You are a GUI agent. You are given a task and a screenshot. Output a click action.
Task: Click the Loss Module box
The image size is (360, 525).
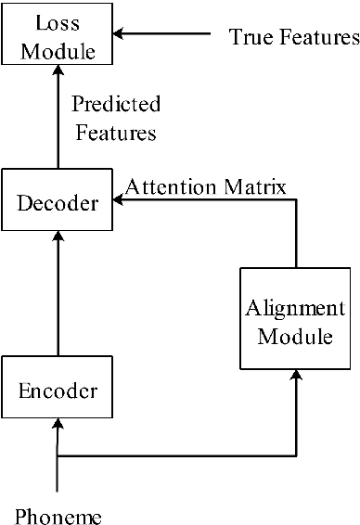tap(58, 37)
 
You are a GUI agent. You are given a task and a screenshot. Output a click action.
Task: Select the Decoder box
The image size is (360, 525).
tap(58, 201)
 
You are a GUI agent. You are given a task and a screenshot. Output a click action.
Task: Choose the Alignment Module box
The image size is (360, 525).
tap(295, 320)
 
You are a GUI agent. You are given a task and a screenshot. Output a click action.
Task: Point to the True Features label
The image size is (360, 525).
tap(293, 38)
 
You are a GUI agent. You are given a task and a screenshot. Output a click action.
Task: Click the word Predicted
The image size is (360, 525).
tap(115, 103)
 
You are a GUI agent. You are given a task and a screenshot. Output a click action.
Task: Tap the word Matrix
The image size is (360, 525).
tap(262, 187)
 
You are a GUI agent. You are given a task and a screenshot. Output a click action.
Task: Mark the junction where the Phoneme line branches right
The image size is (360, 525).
tap(58, 455)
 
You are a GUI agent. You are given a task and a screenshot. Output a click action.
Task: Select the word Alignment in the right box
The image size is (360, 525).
tap(295, 308)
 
